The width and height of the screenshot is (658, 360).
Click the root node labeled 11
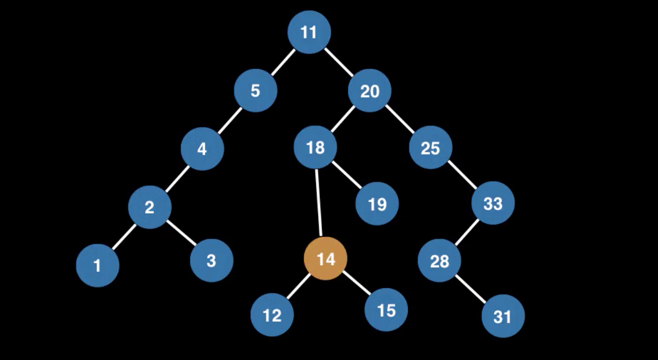tap(308, 32)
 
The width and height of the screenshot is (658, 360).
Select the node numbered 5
tap(256, 90)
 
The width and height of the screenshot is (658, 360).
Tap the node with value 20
tap(370, 91)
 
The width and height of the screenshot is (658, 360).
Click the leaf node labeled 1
tap(98, 265)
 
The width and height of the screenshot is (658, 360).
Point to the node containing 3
tap(211, 261)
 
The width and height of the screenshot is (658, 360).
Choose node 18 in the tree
tap(315, 147)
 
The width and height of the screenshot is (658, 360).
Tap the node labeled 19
tap(377, 204)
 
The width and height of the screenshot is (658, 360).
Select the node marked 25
tap(431, 148)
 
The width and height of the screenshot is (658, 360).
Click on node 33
tap(493, 203)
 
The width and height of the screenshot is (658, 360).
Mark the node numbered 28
tap(439, 261)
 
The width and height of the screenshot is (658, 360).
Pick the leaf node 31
tap(503, 316)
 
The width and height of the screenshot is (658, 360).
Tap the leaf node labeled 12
tap(272, 315)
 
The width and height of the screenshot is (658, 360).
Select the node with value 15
tap(386, 310)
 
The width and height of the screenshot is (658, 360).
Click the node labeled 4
tap(202, 149)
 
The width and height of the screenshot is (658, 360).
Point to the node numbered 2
tap(150, 206)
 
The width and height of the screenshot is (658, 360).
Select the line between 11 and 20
tap(339, 61)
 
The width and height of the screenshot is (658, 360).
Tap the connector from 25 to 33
tap(462, 176)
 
